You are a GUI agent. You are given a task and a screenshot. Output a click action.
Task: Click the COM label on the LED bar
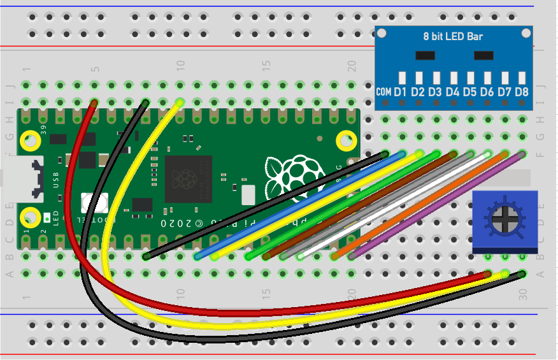384,92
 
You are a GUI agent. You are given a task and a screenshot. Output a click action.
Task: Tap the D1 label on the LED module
401,92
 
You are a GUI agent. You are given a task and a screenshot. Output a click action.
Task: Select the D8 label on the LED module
522,92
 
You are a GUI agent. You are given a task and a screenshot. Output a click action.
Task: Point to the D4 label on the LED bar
453,92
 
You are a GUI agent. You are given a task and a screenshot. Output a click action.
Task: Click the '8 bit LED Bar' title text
453,36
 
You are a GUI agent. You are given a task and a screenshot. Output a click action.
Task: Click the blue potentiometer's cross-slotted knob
504,220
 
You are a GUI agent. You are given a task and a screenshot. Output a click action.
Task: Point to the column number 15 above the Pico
266,65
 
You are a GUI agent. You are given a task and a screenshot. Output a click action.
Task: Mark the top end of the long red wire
94,103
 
